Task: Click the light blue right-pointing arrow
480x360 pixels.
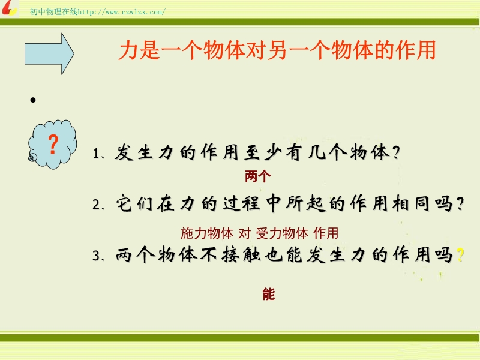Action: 49,53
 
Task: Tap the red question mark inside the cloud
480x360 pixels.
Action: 53,144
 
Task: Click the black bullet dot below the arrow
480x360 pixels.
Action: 33,100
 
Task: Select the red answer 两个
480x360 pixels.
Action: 258,176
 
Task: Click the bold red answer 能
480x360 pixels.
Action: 269,294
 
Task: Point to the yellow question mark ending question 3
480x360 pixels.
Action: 460,254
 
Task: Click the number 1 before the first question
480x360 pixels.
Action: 96,154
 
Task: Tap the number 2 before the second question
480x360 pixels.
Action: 96,205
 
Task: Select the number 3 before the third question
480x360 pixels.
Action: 96,256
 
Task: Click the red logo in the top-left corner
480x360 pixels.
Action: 9,8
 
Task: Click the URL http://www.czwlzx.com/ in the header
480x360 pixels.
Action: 122,12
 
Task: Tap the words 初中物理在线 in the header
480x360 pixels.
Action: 54,11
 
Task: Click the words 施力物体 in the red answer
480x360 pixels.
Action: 207,233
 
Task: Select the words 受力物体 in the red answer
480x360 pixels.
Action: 282,233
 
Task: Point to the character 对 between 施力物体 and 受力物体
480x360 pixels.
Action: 245,233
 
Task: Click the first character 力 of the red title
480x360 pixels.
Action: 128,50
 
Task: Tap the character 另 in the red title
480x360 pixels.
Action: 277,50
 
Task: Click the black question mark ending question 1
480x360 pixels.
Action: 396,152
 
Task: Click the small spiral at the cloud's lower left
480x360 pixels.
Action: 32,158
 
